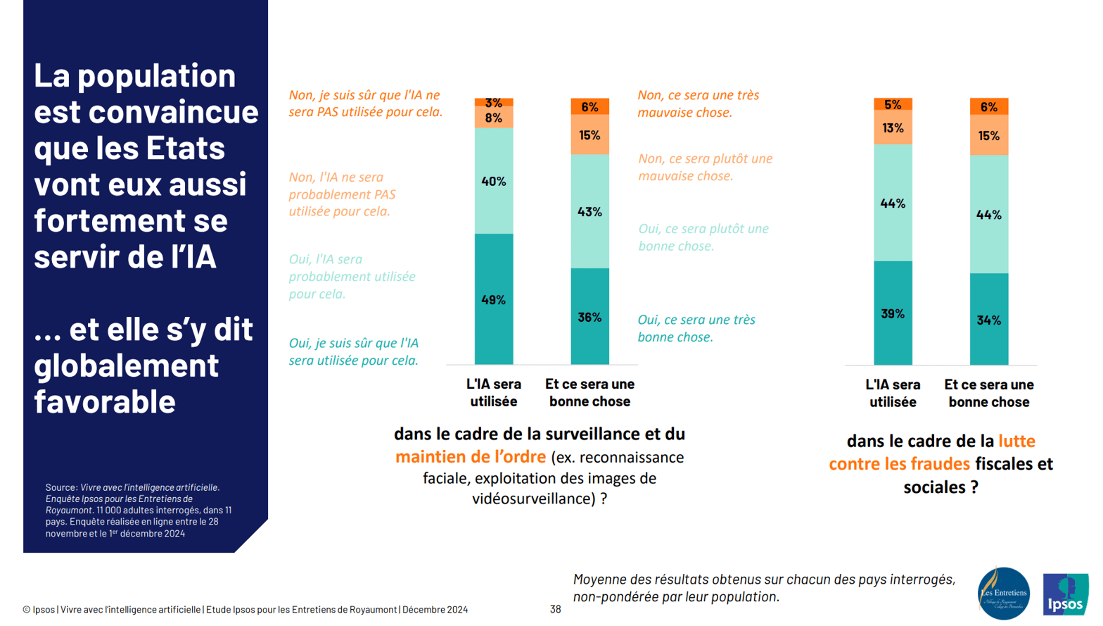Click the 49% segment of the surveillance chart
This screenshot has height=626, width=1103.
click(493, 299)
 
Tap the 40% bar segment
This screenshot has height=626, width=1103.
click(493, 181)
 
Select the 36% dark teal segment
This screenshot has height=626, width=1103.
click(589, 317)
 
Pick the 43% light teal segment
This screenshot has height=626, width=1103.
click(589, 211)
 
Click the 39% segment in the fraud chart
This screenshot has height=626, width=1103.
click(893, 313)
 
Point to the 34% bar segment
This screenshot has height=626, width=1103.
click(988, 320)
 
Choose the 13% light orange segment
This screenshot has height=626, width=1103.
click(893, 127)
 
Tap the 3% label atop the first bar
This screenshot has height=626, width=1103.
click(493, 103)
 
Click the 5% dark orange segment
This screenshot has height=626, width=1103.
click(893, 104)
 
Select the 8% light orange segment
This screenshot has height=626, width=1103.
click(493, 118)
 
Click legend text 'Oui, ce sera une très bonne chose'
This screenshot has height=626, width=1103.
click(696, 328)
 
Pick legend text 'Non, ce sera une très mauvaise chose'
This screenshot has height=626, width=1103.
click(698, 104)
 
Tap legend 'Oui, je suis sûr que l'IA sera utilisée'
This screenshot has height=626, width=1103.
click(353, 351)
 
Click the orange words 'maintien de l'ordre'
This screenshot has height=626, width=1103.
click(470, 457)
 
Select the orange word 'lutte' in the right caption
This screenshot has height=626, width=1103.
click(1016, 442)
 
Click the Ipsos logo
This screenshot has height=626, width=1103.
click(1065, 594)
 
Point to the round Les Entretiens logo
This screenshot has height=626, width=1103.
click(1004, 594)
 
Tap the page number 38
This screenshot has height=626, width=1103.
click(555, 609)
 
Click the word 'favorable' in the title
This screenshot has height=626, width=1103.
click(104, 401)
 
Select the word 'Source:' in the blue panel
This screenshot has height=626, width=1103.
click(61, 487)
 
